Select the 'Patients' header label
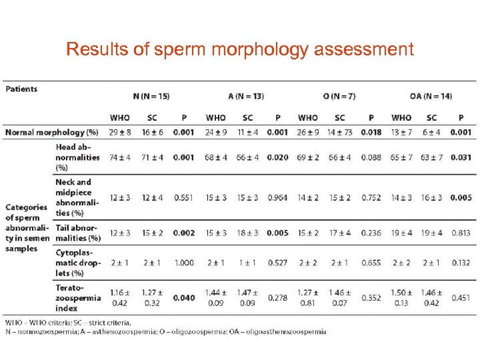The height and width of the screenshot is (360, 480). [x=21, y=89]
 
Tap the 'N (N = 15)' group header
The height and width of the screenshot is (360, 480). [x=151, y=96]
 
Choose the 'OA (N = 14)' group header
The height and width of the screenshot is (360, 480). [x=431, y=96]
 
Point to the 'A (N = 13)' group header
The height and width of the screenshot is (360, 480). [x=246, y=96]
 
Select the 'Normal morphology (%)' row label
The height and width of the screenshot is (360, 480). [x=51, y=132]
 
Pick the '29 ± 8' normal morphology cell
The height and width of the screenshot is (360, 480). [x=120, y=132]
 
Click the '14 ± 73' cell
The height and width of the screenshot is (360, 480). [x=339, y=132]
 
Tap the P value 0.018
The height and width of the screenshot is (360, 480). [x=371, y=132]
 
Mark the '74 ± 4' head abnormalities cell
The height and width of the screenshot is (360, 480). [x=120, y=157]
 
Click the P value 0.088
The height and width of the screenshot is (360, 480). [x=371, y=157]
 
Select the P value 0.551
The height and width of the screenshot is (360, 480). [x=183, y=197]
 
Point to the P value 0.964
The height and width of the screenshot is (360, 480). [x=277, y=197]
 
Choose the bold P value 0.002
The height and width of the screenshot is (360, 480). [x=183, y=233]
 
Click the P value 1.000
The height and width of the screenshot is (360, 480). [x=183, y=263]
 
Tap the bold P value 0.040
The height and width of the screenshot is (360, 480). [x=183, y=297]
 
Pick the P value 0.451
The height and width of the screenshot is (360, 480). [x=461, y=297]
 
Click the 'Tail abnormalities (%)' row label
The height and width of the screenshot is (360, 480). [x=78, y=233]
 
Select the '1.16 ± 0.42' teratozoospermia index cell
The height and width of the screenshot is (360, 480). [x=120, y=297]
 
